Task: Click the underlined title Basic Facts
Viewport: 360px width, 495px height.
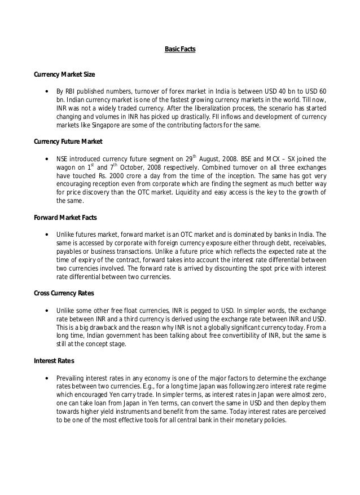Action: pos(180,50)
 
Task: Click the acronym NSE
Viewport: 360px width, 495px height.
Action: pos(63,159)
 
